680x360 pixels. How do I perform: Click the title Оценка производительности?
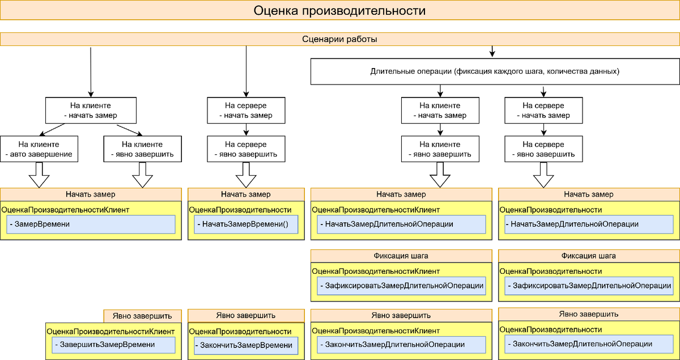click(x=339, y=11)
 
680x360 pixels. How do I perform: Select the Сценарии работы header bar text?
click(x=339, y=40)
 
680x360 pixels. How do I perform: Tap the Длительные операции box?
click(x=495, y=72)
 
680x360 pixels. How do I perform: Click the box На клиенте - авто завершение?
click(x=39, y=149)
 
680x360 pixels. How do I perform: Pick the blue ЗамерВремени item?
click(x=91, y=225)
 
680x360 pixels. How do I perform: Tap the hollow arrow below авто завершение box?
click(x=39, y=175)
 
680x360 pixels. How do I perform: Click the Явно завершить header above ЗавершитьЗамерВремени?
click(x=142, y=316)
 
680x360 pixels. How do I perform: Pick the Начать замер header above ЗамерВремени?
click(x=91, y=194)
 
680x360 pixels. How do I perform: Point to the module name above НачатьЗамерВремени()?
click(x=240, y=210)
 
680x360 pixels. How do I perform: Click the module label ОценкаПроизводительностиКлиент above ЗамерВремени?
click(x=66, y=210)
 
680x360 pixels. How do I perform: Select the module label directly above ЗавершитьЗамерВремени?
click(x=110, y=331)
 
